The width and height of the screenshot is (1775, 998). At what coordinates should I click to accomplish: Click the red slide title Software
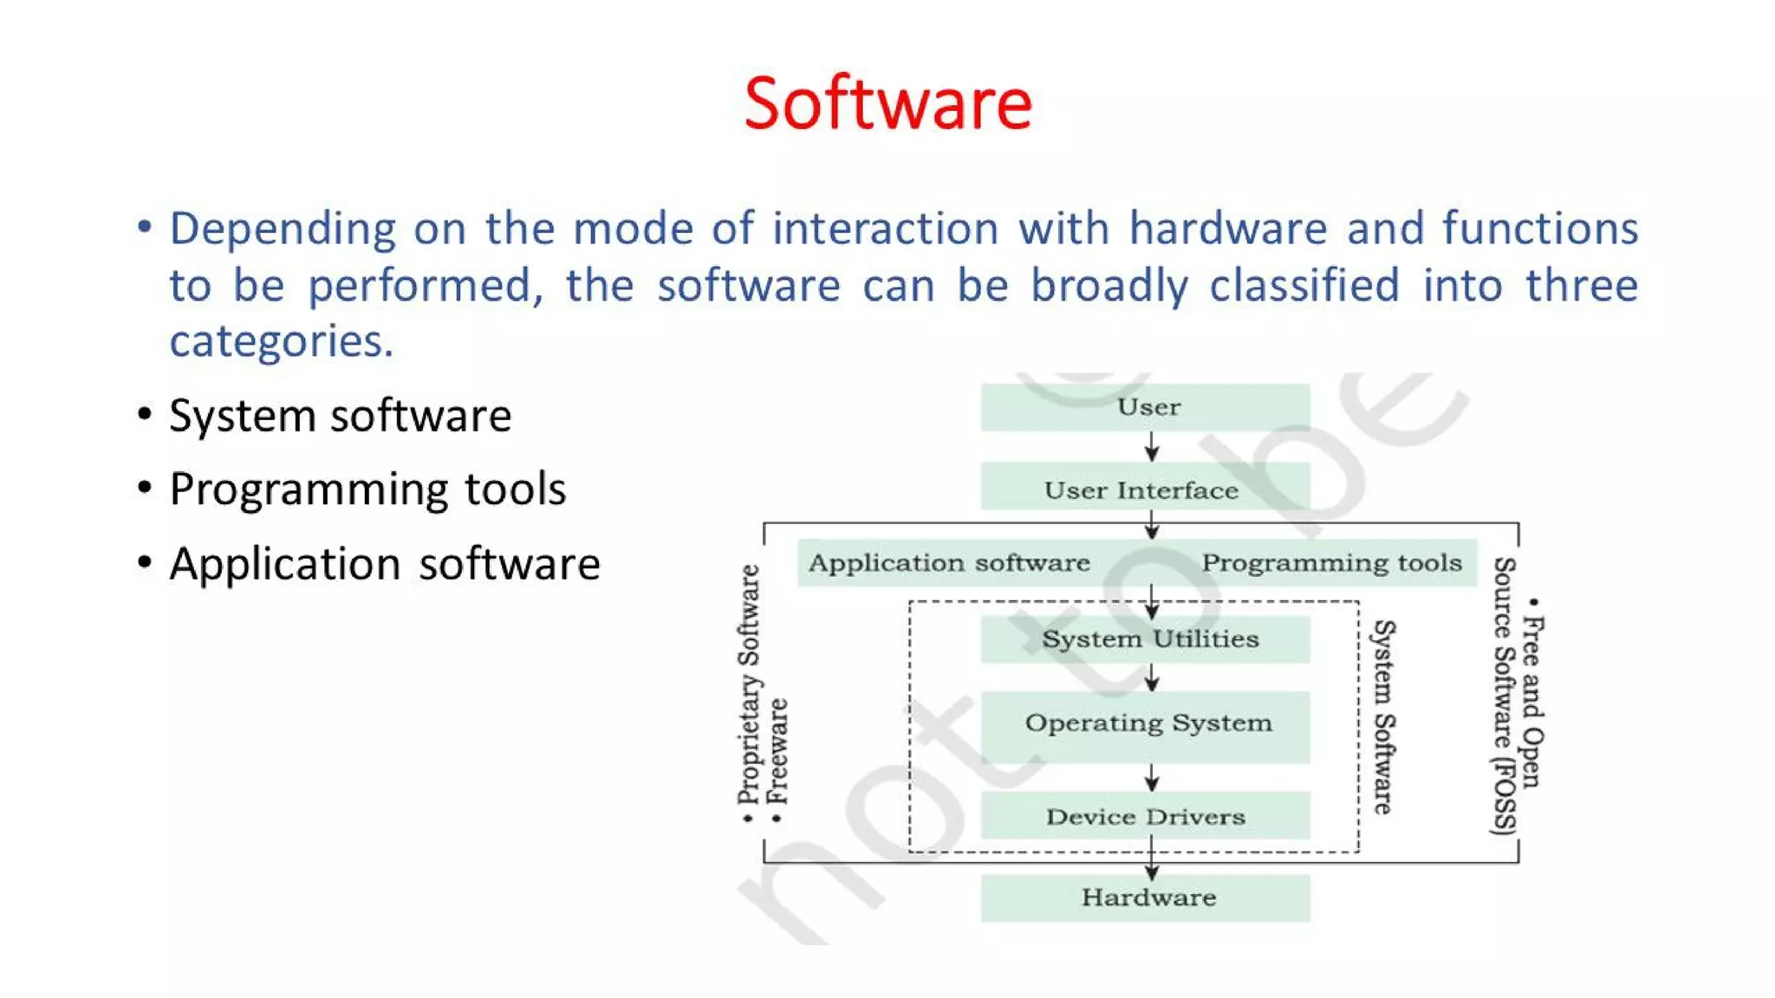887,104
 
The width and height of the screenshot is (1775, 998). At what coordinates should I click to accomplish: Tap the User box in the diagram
1146,407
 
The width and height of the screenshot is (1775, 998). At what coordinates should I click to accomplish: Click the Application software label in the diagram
949,563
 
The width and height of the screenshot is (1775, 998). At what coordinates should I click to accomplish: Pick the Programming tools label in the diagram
1331,563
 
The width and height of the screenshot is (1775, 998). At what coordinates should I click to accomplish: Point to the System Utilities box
1148,639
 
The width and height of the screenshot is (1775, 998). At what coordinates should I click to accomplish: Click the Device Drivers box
1145,817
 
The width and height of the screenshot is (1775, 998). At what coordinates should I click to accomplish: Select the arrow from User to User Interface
1152,447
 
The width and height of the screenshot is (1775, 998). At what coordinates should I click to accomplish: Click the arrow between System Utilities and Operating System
1152,677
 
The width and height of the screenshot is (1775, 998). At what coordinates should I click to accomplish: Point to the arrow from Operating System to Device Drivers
1152,777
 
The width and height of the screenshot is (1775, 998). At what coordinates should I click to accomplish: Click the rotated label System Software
1384,716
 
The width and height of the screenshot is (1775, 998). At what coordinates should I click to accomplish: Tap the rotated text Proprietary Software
749,684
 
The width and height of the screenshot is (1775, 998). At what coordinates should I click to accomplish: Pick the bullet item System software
340,416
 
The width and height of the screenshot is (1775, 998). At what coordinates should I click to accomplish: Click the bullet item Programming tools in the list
367,489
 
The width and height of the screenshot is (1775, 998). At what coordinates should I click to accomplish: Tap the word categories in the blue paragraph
280,341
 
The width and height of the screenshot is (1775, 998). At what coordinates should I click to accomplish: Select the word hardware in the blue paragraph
1227,229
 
